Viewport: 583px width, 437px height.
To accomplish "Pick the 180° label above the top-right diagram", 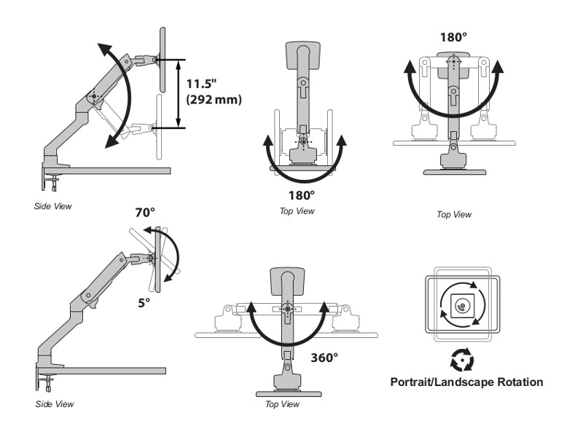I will point(453,37).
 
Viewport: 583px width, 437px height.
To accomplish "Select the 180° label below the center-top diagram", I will point(301,195).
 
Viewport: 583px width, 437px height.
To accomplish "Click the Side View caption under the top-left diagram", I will point(53,206).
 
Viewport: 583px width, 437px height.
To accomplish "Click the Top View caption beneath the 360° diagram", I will point(281,403).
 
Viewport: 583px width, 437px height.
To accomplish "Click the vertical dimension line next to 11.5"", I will point(179,92).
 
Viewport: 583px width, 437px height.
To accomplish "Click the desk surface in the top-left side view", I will point(117,170).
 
